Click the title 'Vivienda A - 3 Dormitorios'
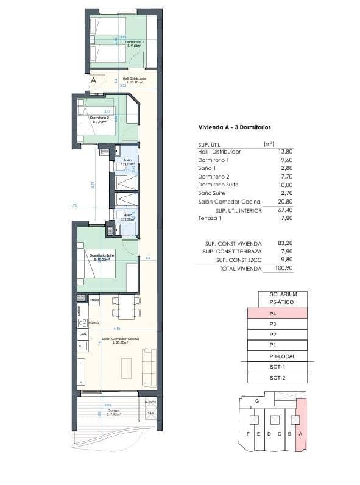pos(235,127)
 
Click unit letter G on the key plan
pos(257,401)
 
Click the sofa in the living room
pos(148,367)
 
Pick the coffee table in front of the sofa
pos(127,367)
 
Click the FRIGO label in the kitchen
pos(94,300)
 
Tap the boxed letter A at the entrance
pos(93,80)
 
